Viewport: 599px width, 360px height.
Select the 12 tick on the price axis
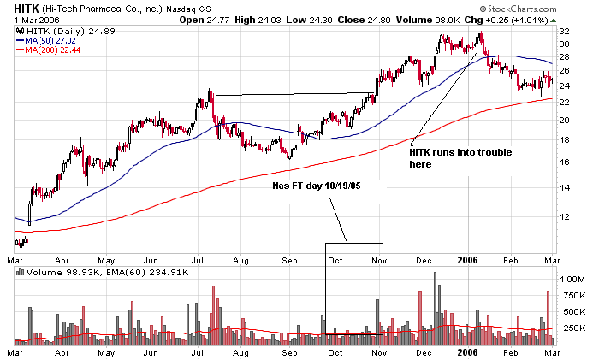(x=564, y=217)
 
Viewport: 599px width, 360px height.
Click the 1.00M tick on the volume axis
(x=571, y=279)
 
